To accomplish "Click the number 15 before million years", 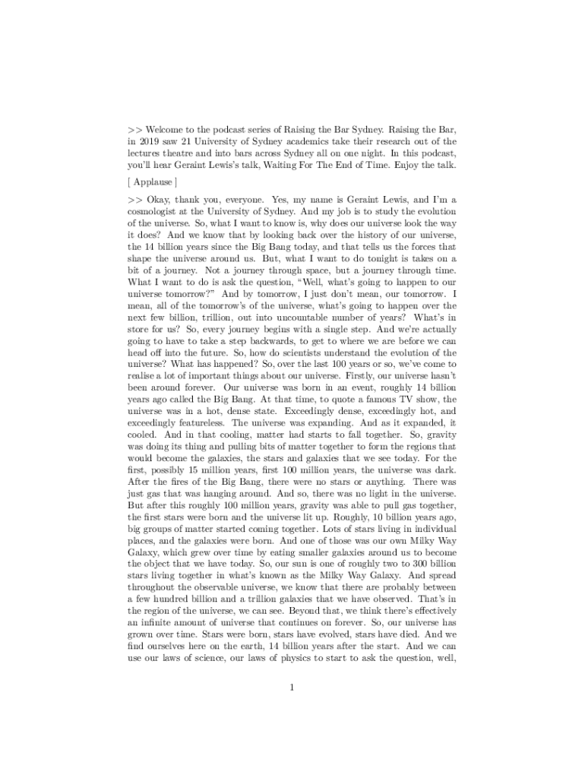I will pos(188,470).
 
